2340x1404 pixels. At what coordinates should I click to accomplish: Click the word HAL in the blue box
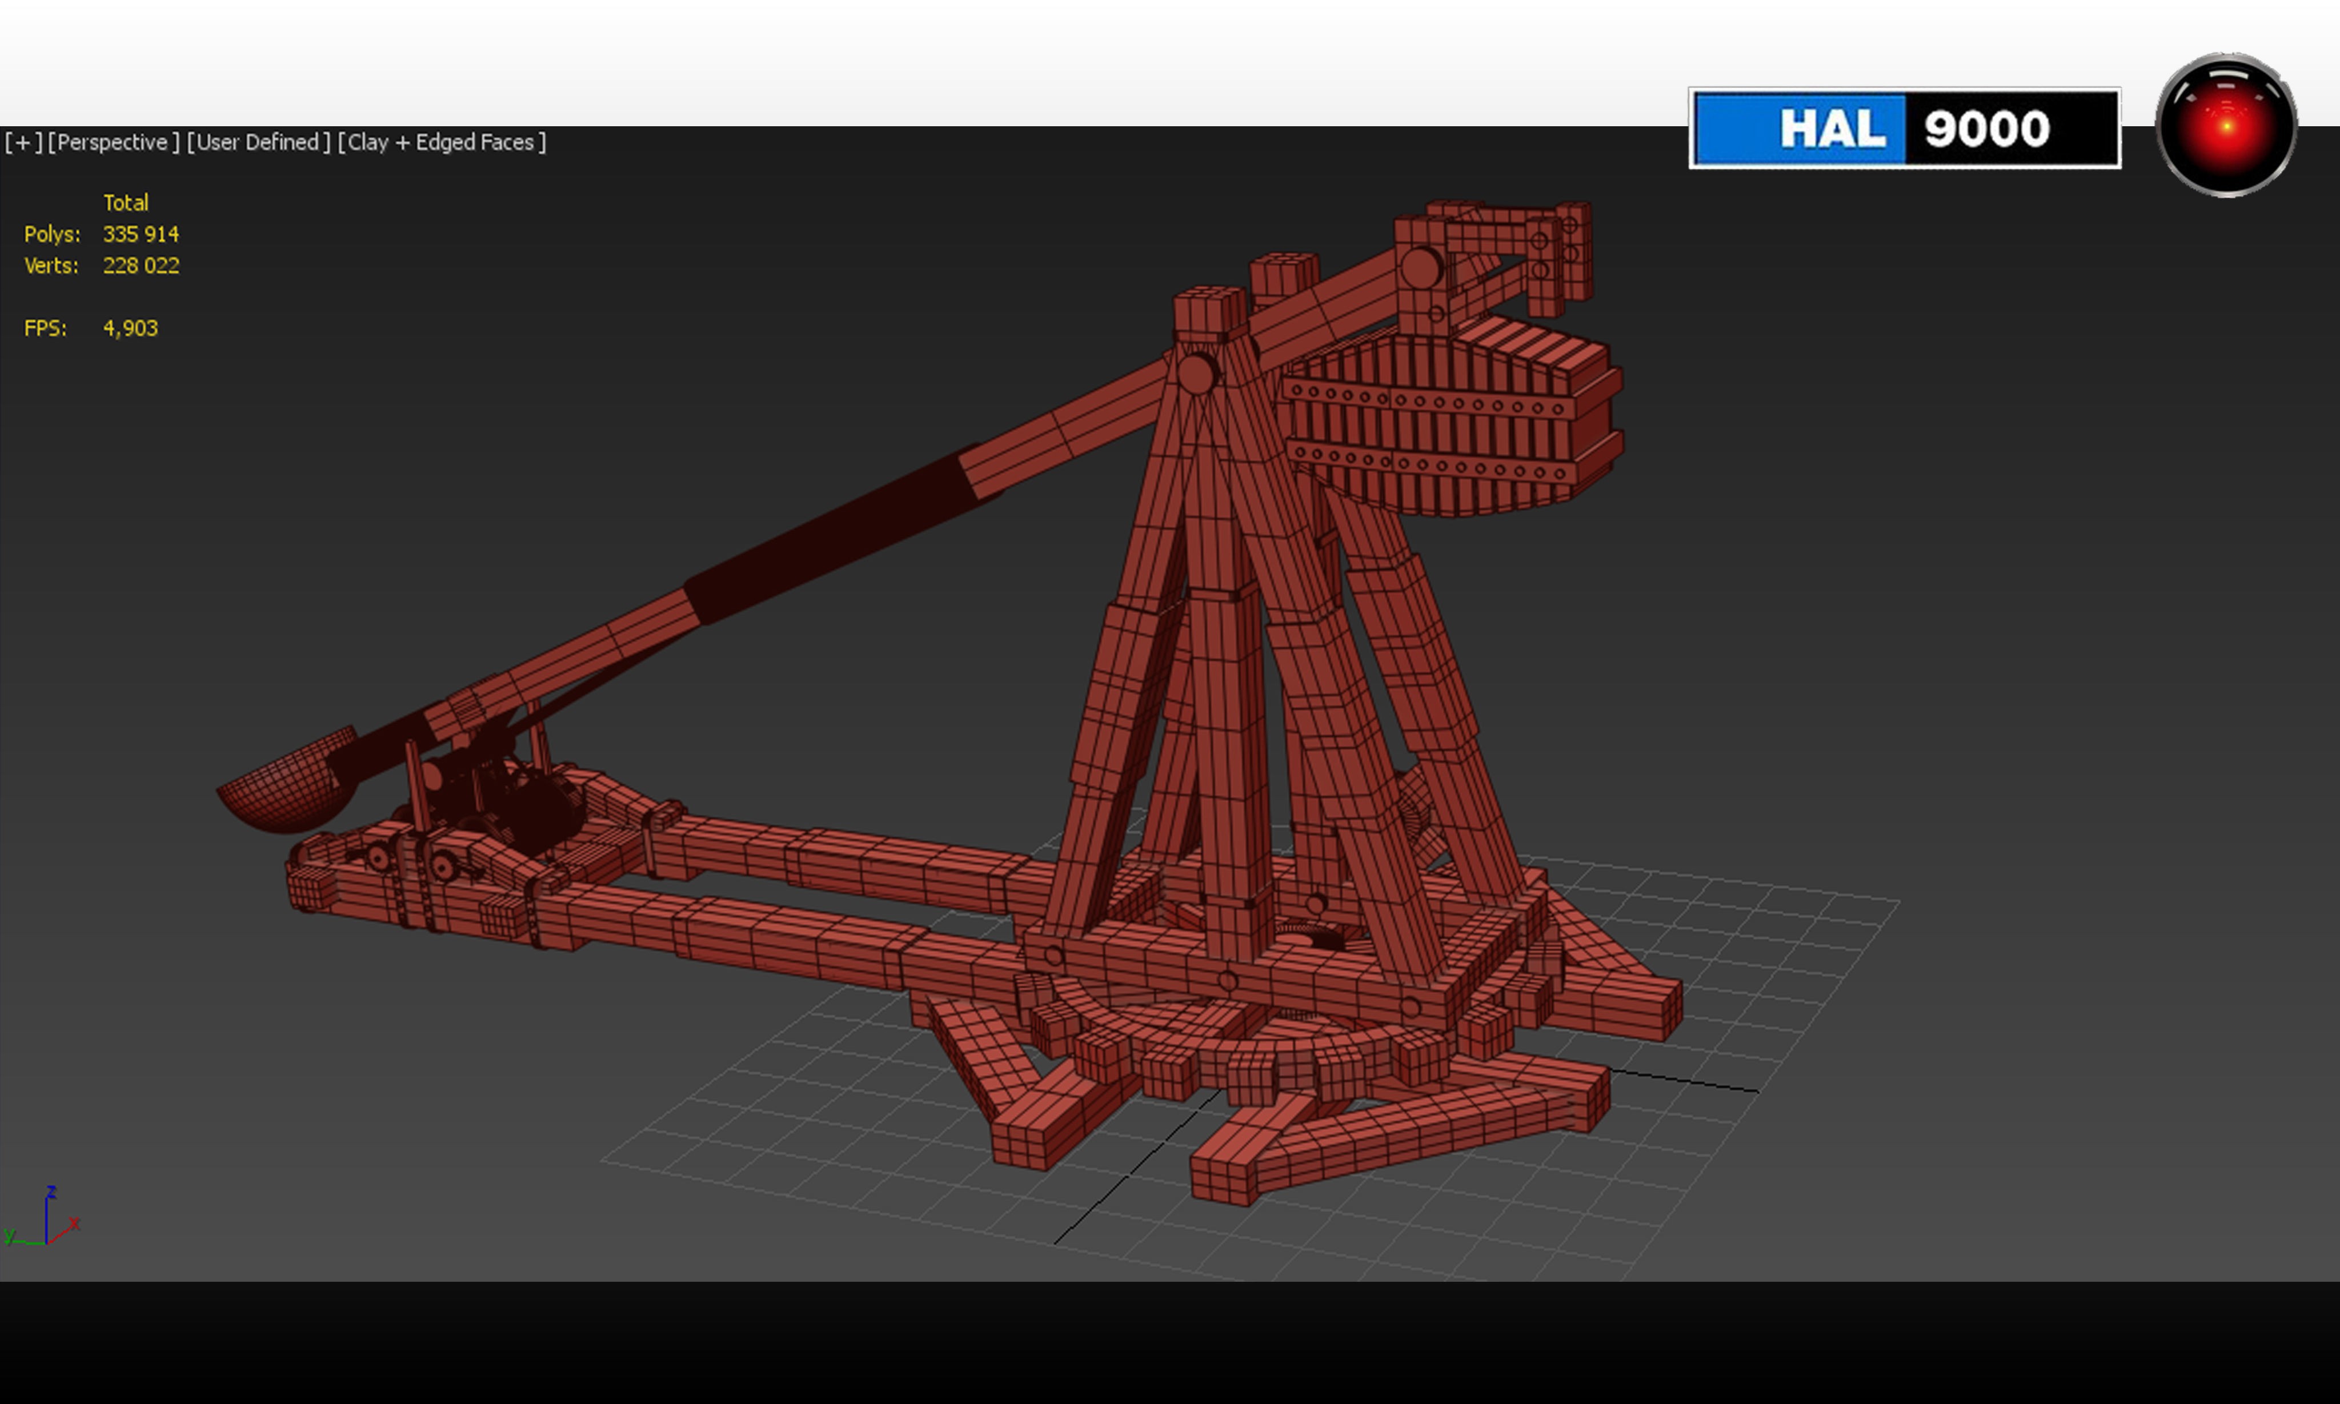pyautogui.click(x=1832, y=129)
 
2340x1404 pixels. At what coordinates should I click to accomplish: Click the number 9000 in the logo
pyautogui.click(x=1986, y=129)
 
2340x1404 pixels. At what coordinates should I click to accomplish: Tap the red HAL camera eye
pyautogui.click(x=2226, y=125)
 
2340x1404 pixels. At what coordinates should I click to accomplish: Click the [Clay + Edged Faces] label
pyautogui.click(x=442, y=142)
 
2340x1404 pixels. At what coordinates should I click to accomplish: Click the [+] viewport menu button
pyautogui.click(x=23, y=142)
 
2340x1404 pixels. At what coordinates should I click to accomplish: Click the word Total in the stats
pyautogui.click(x=126, y=202)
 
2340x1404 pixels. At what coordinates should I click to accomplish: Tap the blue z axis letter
pyautogui.click(x=51, y=1191)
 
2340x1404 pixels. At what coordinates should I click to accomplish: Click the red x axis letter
pyautogui.click(x=75, y=1222)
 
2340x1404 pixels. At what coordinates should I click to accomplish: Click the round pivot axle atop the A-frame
pyautogui.click(x=1196, y=374)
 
